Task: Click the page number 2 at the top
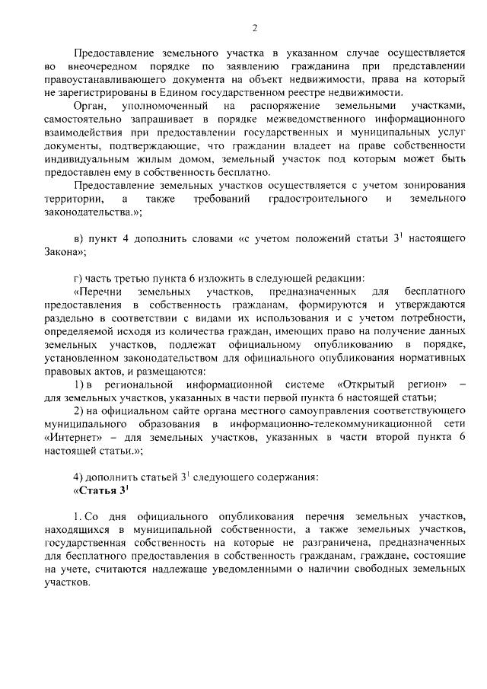[x=255, y=28]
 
